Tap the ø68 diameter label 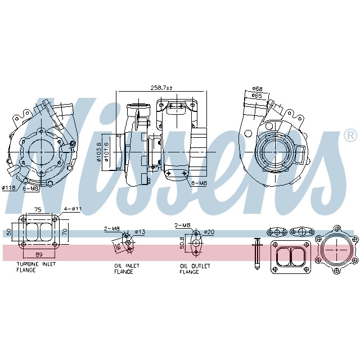coord(257,89)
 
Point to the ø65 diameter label coord(257,96)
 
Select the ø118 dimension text coord(8,188)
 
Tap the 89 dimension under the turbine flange coord(38,255)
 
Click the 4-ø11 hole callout coord(74,209)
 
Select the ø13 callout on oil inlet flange coord(140,231)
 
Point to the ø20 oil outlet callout coord(209,231)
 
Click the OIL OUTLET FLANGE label coord(195,268)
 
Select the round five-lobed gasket coord(336,247)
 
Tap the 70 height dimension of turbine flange coord(65,231)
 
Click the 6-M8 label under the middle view coord(199,183)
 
